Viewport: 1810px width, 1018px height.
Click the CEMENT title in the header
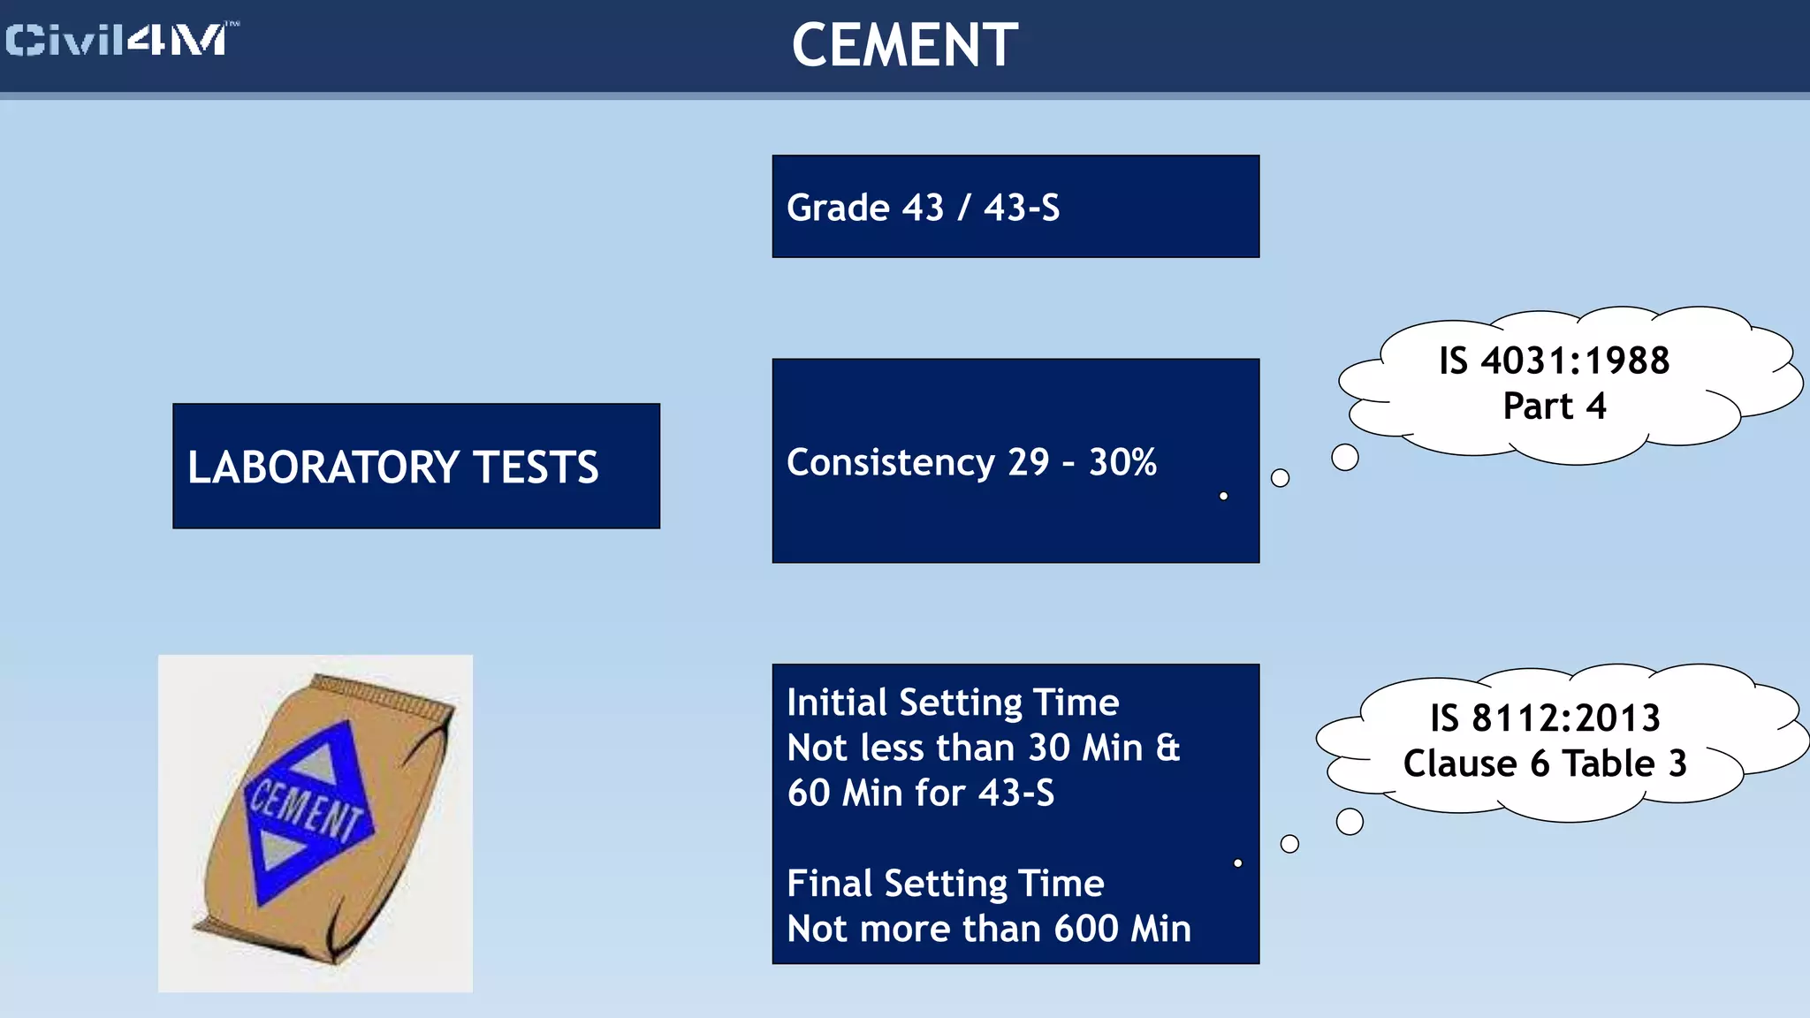coord(904,45)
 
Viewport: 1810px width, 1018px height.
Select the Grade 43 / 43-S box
coord(1015,207)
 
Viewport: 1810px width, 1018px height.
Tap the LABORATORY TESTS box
coord(415,467)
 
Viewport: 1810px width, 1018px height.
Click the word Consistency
coord(890,462)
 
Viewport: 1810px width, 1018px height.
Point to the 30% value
coord(1122,462)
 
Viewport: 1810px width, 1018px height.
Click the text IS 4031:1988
coord(1554,361)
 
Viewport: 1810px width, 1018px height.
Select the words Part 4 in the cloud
coord(1554,406)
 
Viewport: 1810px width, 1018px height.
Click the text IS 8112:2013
coord(1545,718)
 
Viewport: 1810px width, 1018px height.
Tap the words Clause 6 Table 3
coord(1545,763)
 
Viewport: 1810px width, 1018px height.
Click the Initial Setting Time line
coord(953,703)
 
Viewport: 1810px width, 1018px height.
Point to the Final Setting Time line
coord(945,884)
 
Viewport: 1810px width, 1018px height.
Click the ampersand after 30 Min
coord(1168,748)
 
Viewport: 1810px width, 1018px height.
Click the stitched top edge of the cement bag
coord(384,695)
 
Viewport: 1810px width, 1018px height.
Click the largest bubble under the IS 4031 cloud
coord(1344,458)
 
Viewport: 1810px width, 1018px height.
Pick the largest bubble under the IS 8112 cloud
coord(1350,822)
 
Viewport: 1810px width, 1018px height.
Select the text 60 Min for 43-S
coord(920,793)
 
